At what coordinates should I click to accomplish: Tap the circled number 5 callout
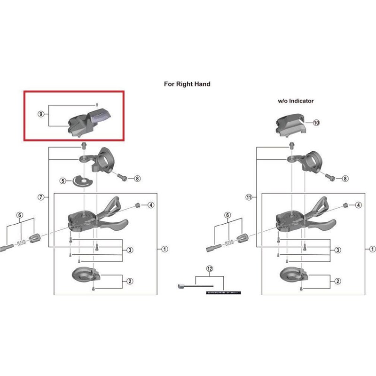point(62,180)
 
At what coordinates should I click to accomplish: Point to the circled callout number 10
point(316,122)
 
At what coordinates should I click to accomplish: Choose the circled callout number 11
point(249,198)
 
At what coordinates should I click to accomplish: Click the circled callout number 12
point(210,269)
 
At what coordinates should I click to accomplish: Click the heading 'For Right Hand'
point(187,84)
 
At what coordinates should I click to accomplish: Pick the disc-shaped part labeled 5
point(78,180)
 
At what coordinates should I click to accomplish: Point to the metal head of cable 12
point(180,285)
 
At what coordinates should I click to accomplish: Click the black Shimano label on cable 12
point(221,292)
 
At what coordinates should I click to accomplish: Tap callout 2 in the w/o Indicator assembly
point(338,282)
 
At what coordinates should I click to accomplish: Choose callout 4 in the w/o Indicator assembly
point(358,205)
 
